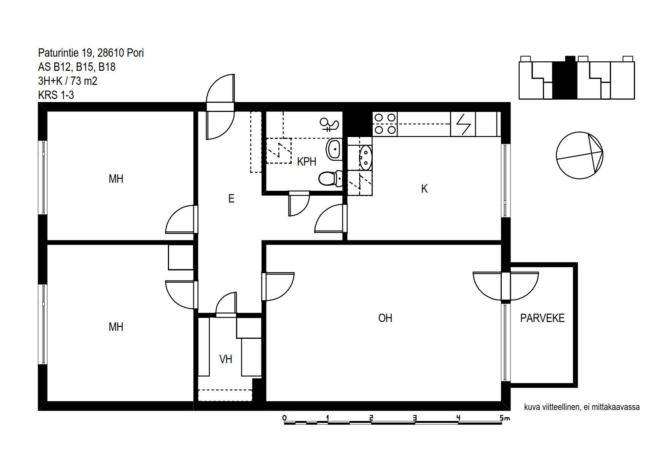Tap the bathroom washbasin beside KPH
[334, 149]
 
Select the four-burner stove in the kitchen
[385, 124]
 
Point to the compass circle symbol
[579, 155]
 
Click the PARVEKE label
[542, 318]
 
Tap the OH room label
[385, 318]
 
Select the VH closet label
[225, 359]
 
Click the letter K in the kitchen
[424, 189]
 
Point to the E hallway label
[231, 198]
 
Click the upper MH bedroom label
[116, 179]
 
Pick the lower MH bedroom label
[116, 327]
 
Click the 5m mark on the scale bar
[504, 418]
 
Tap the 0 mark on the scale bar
[284, 418]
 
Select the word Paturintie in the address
[58, 53]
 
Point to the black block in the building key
[565, 78]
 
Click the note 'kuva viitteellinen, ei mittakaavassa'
[582, 407]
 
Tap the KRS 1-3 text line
[56, 95]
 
